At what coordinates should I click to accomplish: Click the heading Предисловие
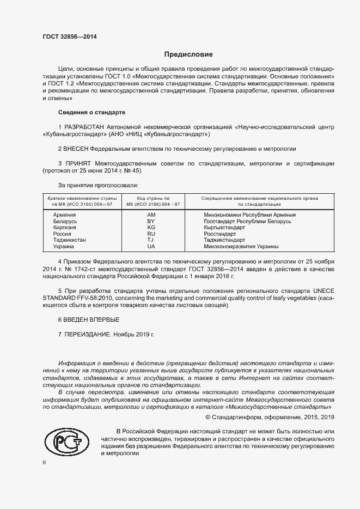pyautogui.click(x=188, y=54)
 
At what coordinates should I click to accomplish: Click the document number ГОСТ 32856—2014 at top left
pyautogui.click(x=70, y=37)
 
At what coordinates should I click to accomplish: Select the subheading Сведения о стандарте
pyautogui.click(x=91, y=112)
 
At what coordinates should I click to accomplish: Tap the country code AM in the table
pyautogui.click(x=151, y=216)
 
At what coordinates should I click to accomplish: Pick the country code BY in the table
pyautogui.click(x=151, y=222)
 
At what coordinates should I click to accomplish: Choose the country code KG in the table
pyautogui.click(x=151, y=228)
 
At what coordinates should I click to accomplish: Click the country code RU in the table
pyautogui.click(x=151, y=234)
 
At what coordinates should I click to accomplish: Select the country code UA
pyautogui.click(x=151, y=247)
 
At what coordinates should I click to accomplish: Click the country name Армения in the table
pyautogui.click(x=64, y=216)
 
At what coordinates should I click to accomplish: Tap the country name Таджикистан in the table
pyautogui.click(x=69, y=240)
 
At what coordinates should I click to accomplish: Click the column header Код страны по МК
pyautogui.click(x=153, y=201)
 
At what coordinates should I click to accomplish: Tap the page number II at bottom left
pyautogui.click(x=45, y=463)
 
